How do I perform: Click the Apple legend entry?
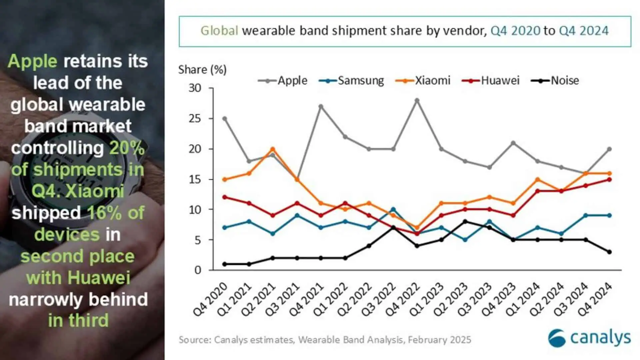point(283,81)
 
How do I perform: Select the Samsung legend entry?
point(351,81)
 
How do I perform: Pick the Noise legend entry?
point(555,81)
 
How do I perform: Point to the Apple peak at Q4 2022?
point(417,100)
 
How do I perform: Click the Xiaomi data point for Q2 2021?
point(273,149)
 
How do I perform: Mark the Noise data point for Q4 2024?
point(609,252)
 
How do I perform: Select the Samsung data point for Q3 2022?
point(393,210)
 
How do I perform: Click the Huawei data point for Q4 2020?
point(225,197)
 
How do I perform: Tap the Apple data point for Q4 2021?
point(321,107)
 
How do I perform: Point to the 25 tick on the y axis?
point(195,119)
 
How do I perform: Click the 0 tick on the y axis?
point(198,270)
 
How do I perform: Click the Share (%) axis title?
point(202,70)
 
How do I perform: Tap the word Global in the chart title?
point(219,31)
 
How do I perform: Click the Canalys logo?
point(589,338)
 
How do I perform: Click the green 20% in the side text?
point(127,148)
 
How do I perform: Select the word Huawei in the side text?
point(99,278)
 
